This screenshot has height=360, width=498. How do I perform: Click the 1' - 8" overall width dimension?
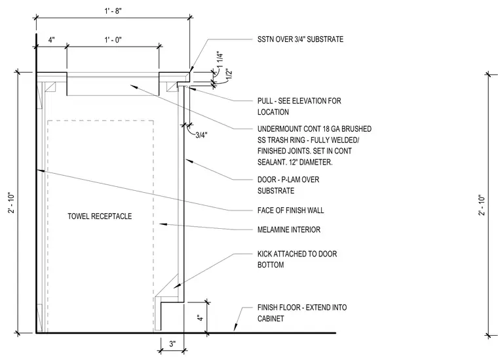113,10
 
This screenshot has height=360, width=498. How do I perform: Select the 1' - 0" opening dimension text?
113,40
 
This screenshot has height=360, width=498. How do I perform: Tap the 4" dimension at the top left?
52,40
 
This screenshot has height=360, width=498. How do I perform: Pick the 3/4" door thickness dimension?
201,135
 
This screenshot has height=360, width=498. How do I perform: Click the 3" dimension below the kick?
172,344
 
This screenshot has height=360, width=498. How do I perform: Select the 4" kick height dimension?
201,317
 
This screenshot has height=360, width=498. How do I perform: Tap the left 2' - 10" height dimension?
12,203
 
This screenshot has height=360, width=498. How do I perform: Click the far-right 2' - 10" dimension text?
482,205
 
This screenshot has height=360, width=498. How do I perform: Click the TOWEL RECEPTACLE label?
100,216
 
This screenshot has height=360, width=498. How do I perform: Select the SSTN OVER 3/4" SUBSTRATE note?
301,39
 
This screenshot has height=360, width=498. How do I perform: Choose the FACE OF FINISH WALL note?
290,210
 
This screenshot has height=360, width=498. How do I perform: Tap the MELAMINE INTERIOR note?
289,230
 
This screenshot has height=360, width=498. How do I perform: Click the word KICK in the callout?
265,254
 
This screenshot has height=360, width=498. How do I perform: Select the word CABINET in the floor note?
271,319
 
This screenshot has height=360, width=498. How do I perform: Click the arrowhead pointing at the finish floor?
236,327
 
